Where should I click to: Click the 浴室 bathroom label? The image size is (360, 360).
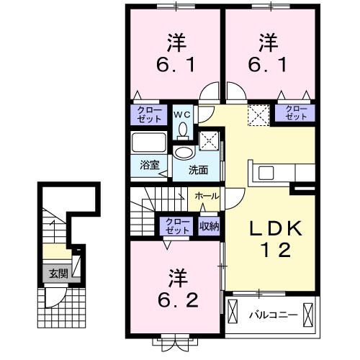[x=148, y=164]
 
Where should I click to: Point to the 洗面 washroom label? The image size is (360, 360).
[x=198, y=171]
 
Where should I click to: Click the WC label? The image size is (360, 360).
[x=181, y=113]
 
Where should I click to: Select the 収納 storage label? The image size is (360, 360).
[x=210, y=225]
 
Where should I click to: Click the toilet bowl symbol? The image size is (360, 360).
[x=183, y=128]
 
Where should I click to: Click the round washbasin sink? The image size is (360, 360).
[x=185, y=153]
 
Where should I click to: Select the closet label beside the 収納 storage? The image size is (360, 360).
[x=174, y=225]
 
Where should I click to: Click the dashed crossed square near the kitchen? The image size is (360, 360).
[x=257, y=114]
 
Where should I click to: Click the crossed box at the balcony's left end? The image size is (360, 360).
[x=233, y=314]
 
